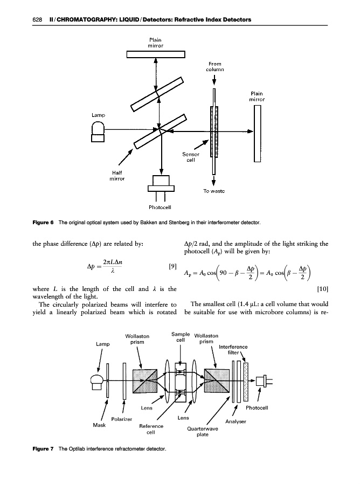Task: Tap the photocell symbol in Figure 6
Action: (161, 186)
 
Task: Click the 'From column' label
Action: (214, 67)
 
